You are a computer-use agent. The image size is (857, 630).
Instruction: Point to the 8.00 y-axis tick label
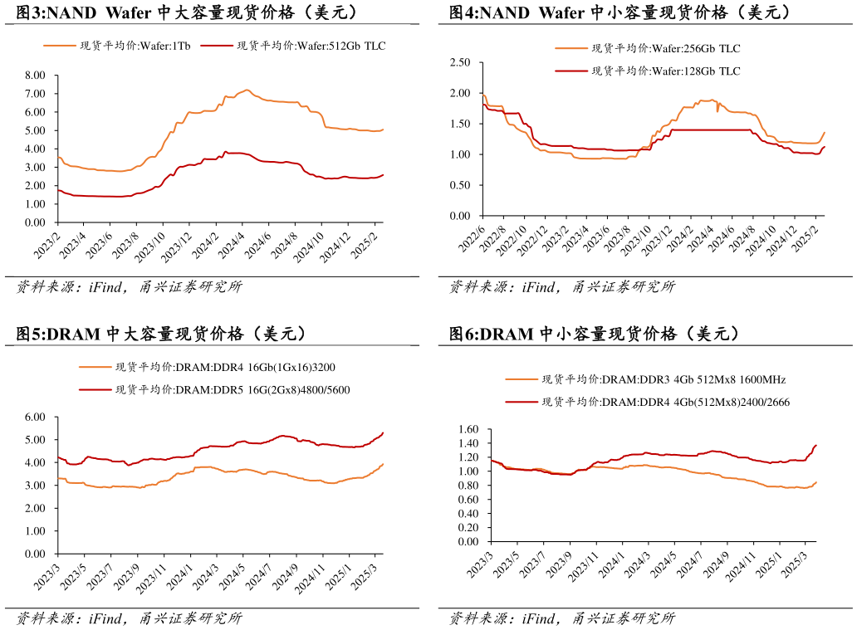pos(36,75)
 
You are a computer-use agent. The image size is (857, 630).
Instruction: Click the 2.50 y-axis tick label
pos(460,62)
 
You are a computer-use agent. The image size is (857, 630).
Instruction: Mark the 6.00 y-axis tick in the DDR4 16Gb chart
pos(36,417)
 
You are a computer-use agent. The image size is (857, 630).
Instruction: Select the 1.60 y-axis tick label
pos(468,429)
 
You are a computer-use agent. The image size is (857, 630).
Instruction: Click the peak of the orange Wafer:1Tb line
pos(247,90)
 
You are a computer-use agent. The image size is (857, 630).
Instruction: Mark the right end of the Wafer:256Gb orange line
pos(825,132)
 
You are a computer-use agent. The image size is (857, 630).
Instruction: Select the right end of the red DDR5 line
pos(383,432)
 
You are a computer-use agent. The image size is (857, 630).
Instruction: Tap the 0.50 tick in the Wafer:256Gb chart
pos(460,185)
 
